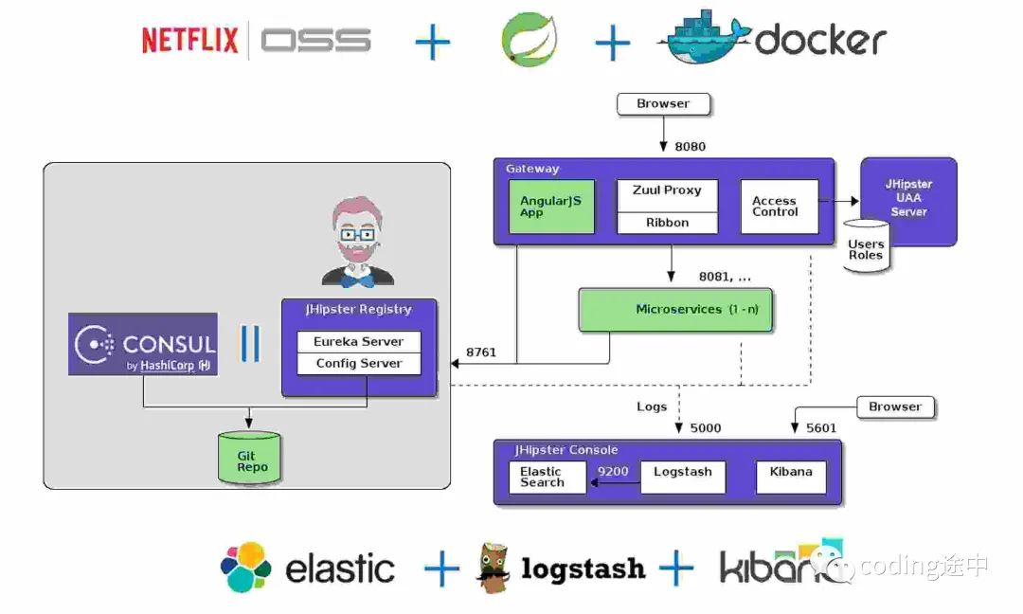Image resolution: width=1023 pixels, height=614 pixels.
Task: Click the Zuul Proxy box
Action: click(667, 194)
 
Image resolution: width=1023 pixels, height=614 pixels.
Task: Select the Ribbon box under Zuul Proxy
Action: click(667, 223)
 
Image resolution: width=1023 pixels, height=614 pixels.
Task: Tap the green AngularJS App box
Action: click(551, 207)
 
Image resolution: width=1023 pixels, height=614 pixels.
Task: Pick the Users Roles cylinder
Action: click(867, 247)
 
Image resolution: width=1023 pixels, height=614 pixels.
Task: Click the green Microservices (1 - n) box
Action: click(675, 310)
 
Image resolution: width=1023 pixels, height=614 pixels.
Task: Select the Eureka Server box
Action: click(359, 341)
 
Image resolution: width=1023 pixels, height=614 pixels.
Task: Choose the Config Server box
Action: click(359, 363)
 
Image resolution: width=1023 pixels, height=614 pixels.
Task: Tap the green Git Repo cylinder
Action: click(249, 457)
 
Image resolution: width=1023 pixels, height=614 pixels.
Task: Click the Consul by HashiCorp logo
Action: click(143, 344)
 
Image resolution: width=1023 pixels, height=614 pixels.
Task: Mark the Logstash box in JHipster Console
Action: click(682, 477)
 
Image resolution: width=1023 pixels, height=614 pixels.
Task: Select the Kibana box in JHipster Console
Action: click(791, 477)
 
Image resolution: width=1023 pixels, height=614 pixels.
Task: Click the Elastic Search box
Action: click(546, 477)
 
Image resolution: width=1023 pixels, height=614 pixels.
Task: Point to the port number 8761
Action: click(481, 352)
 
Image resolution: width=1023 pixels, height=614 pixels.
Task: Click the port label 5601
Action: click(821, 427)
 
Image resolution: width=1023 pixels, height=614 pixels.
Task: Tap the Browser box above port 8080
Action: click(663, 103)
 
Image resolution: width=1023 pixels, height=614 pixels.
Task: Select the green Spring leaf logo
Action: click(529, 40)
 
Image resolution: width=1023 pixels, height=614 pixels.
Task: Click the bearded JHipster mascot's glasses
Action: click(357, 232)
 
